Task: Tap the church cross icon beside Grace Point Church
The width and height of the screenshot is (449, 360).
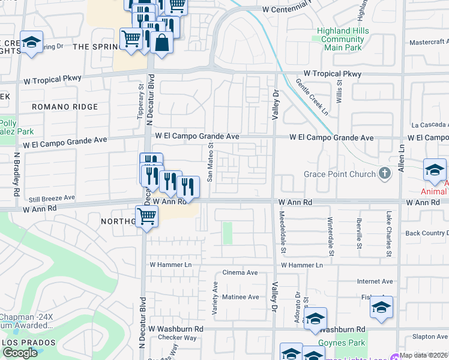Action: pos(385,174)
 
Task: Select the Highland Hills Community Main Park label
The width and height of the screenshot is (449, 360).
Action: pos(342,39)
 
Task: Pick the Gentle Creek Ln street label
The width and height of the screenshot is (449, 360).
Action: pos(312,97)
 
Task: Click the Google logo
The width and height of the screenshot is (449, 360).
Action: pos(20,353)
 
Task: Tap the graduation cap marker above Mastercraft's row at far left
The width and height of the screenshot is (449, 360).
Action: pos(31,42)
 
